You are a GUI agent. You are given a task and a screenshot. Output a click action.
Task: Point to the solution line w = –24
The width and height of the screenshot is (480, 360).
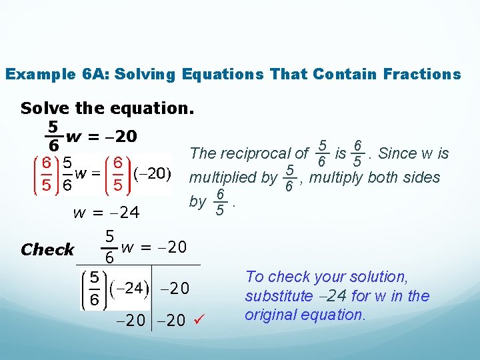pyautogui.click(x=106, y=213)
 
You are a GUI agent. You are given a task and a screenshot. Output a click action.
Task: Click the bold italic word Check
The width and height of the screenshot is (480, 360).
pyautogui.click(x=47, y=250)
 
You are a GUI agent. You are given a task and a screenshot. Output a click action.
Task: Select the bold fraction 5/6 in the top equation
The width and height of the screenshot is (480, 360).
pyautogui.click(x=51, y=135)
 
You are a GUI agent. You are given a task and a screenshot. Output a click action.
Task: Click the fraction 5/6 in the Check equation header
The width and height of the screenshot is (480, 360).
pyautogui.click(x=109, y=247)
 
